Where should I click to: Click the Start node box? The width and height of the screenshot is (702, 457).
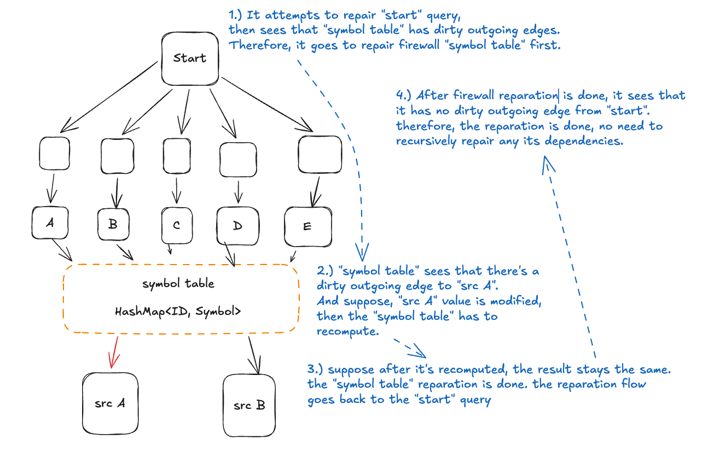(x=190, y=58)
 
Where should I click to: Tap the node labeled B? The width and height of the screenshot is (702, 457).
(x=113, y=224)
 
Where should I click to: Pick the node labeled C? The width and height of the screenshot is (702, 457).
(x=177, y=225)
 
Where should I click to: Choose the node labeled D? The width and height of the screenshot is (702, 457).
(x=237, y=226)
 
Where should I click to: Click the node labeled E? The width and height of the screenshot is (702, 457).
(x=308, y=226)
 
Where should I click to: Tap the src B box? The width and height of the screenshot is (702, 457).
(x=249, y=405)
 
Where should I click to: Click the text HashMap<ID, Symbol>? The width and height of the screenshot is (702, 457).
(x=178, y=312)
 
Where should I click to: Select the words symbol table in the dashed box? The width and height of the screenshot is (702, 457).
(x=178, y=284)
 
